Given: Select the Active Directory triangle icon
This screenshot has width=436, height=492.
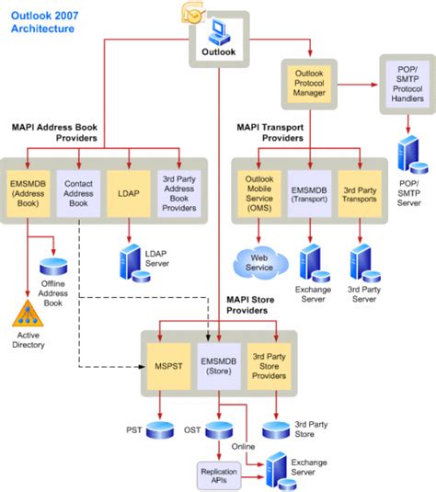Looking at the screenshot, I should point(27,313).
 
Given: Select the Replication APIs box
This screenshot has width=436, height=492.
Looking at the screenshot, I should point(219,475).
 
